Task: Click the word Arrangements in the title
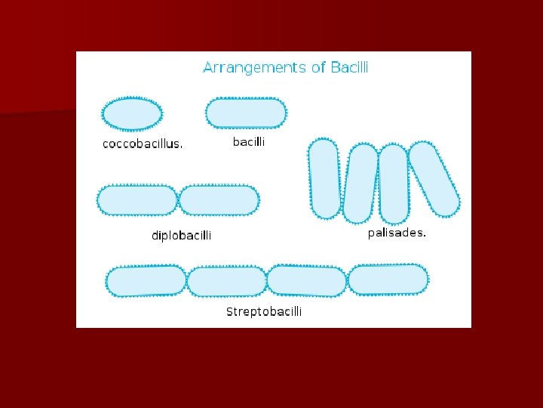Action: [253, 68]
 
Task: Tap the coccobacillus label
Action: [143, 144]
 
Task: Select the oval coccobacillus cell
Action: [132, 113]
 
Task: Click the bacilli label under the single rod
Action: [248, 141]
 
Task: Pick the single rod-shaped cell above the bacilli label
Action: [246, 113]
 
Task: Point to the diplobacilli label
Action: [182, 236]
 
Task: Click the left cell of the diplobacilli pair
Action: [137, 200]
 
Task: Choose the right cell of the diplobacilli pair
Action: [219, 200]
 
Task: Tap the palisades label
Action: [397, 233]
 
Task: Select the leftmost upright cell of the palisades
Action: [324, 179]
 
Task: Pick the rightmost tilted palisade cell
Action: [434, 178]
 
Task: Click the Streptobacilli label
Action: [264, 311]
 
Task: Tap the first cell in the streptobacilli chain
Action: [146, 281]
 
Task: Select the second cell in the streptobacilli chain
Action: [227, 281]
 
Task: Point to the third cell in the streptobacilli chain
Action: [307, 280]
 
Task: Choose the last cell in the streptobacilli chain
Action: [388, 279]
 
